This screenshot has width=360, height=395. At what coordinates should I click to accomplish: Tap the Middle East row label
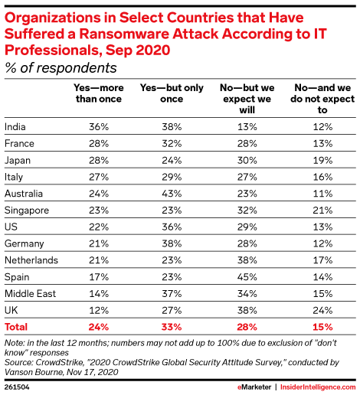click(28, 279)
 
